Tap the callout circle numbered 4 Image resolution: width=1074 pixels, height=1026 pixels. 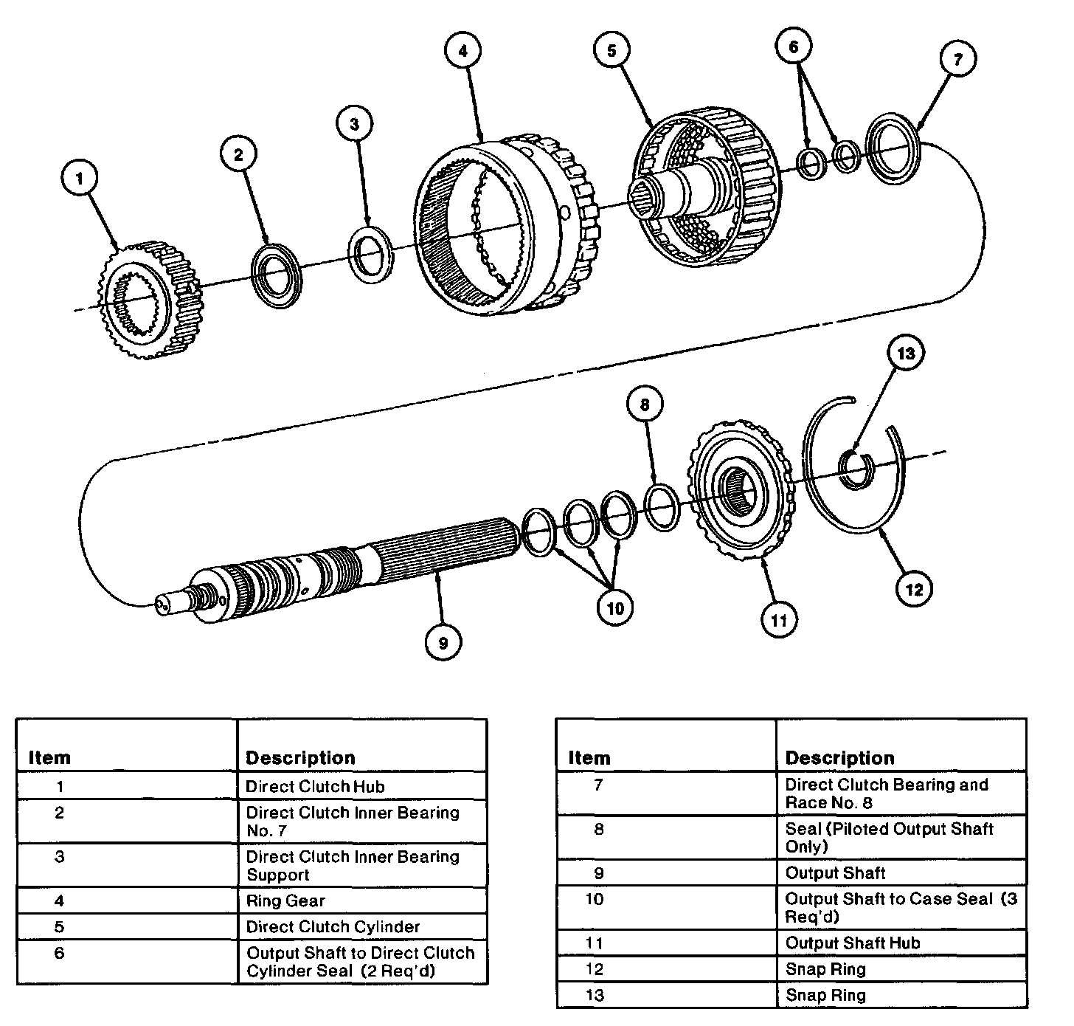coord(462,50)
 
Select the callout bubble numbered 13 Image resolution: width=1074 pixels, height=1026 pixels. coord(905,353)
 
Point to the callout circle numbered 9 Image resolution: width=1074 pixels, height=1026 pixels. coord(443,642)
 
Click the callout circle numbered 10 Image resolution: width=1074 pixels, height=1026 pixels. coord(615,607)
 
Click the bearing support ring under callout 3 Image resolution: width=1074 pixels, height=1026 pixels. coord(370,253)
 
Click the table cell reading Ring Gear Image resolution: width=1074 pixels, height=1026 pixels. coord(361,901)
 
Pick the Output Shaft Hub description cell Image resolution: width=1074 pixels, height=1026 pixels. coord(900,943)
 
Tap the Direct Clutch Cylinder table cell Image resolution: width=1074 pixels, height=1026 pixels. coord(361,926)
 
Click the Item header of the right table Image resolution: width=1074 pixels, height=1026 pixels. coord(589,758)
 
